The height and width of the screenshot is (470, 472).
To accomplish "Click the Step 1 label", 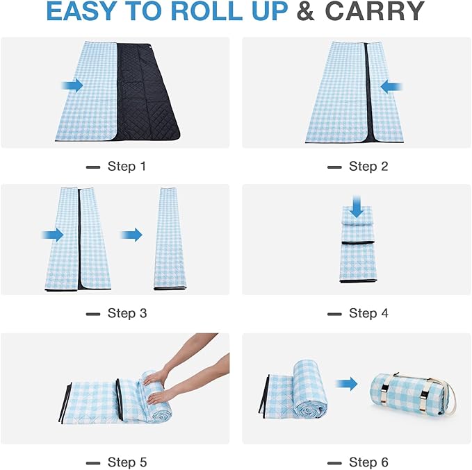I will [127, 167].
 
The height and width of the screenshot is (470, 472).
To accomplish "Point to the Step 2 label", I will [368, 167].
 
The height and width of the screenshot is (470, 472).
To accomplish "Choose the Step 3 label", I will [127, 313].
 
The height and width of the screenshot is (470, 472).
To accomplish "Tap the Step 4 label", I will [368, 313].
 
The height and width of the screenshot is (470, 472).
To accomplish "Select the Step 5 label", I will [127, 462].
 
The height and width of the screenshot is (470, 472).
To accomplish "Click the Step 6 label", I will [368, 462].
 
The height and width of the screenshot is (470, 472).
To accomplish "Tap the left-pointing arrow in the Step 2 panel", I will [392, 87].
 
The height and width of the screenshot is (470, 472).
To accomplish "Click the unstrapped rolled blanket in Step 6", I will [299, 393].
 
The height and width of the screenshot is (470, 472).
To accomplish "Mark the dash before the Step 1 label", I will [92, 167].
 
